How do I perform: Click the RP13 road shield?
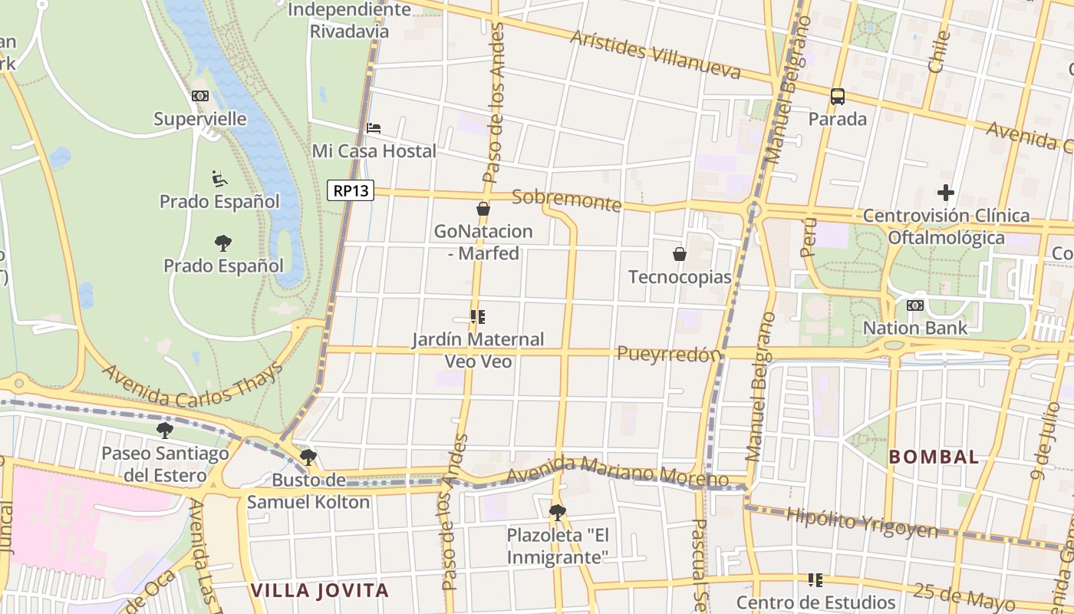351,190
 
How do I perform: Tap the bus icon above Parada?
838,97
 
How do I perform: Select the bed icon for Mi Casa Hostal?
374,127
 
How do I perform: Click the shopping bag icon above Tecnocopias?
679,253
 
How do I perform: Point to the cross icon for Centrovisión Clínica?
945,193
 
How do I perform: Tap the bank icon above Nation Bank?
914,305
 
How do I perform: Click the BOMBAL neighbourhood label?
934,457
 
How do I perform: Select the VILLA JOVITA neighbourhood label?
320,591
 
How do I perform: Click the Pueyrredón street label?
669,354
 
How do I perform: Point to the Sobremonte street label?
566,200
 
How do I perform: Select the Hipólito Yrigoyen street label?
862,522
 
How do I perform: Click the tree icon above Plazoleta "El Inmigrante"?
558,512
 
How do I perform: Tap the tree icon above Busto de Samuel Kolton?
308,457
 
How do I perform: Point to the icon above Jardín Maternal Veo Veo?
478,316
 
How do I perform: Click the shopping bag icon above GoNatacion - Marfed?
483,208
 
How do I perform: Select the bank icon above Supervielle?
200,96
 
